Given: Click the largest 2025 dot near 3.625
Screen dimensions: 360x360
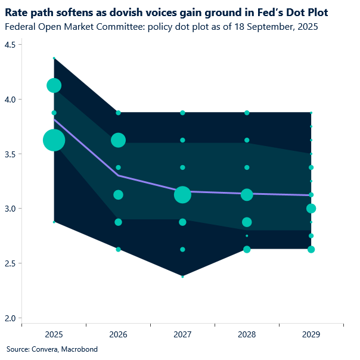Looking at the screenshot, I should pos(54,140).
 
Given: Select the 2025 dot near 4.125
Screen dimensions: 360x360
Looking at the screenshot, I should pos(54,85).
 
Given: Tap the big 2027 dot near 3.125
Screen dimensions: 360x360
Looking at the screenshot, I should pos(182,195).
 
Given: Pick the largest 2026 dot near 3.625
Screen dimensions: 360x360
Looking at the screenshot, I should pos(118,140).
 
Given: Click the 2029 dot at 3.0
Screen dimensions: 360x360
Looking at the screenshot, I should pos(311,209).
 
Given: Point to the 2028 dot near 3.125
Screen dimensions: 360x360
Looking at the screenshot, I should pos(247,195).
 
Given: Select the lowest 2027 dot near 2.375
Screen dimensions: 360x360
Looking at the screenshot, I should pos(182,277).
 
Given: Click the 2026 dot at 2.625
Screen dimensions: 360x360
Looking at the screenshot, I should pos(118,249).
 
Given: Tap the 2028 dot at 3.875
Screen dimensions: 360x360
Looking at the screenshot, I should pos(247,113).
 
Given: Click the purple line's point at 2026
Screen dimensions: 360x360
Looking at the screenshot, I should pos(118,175).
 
